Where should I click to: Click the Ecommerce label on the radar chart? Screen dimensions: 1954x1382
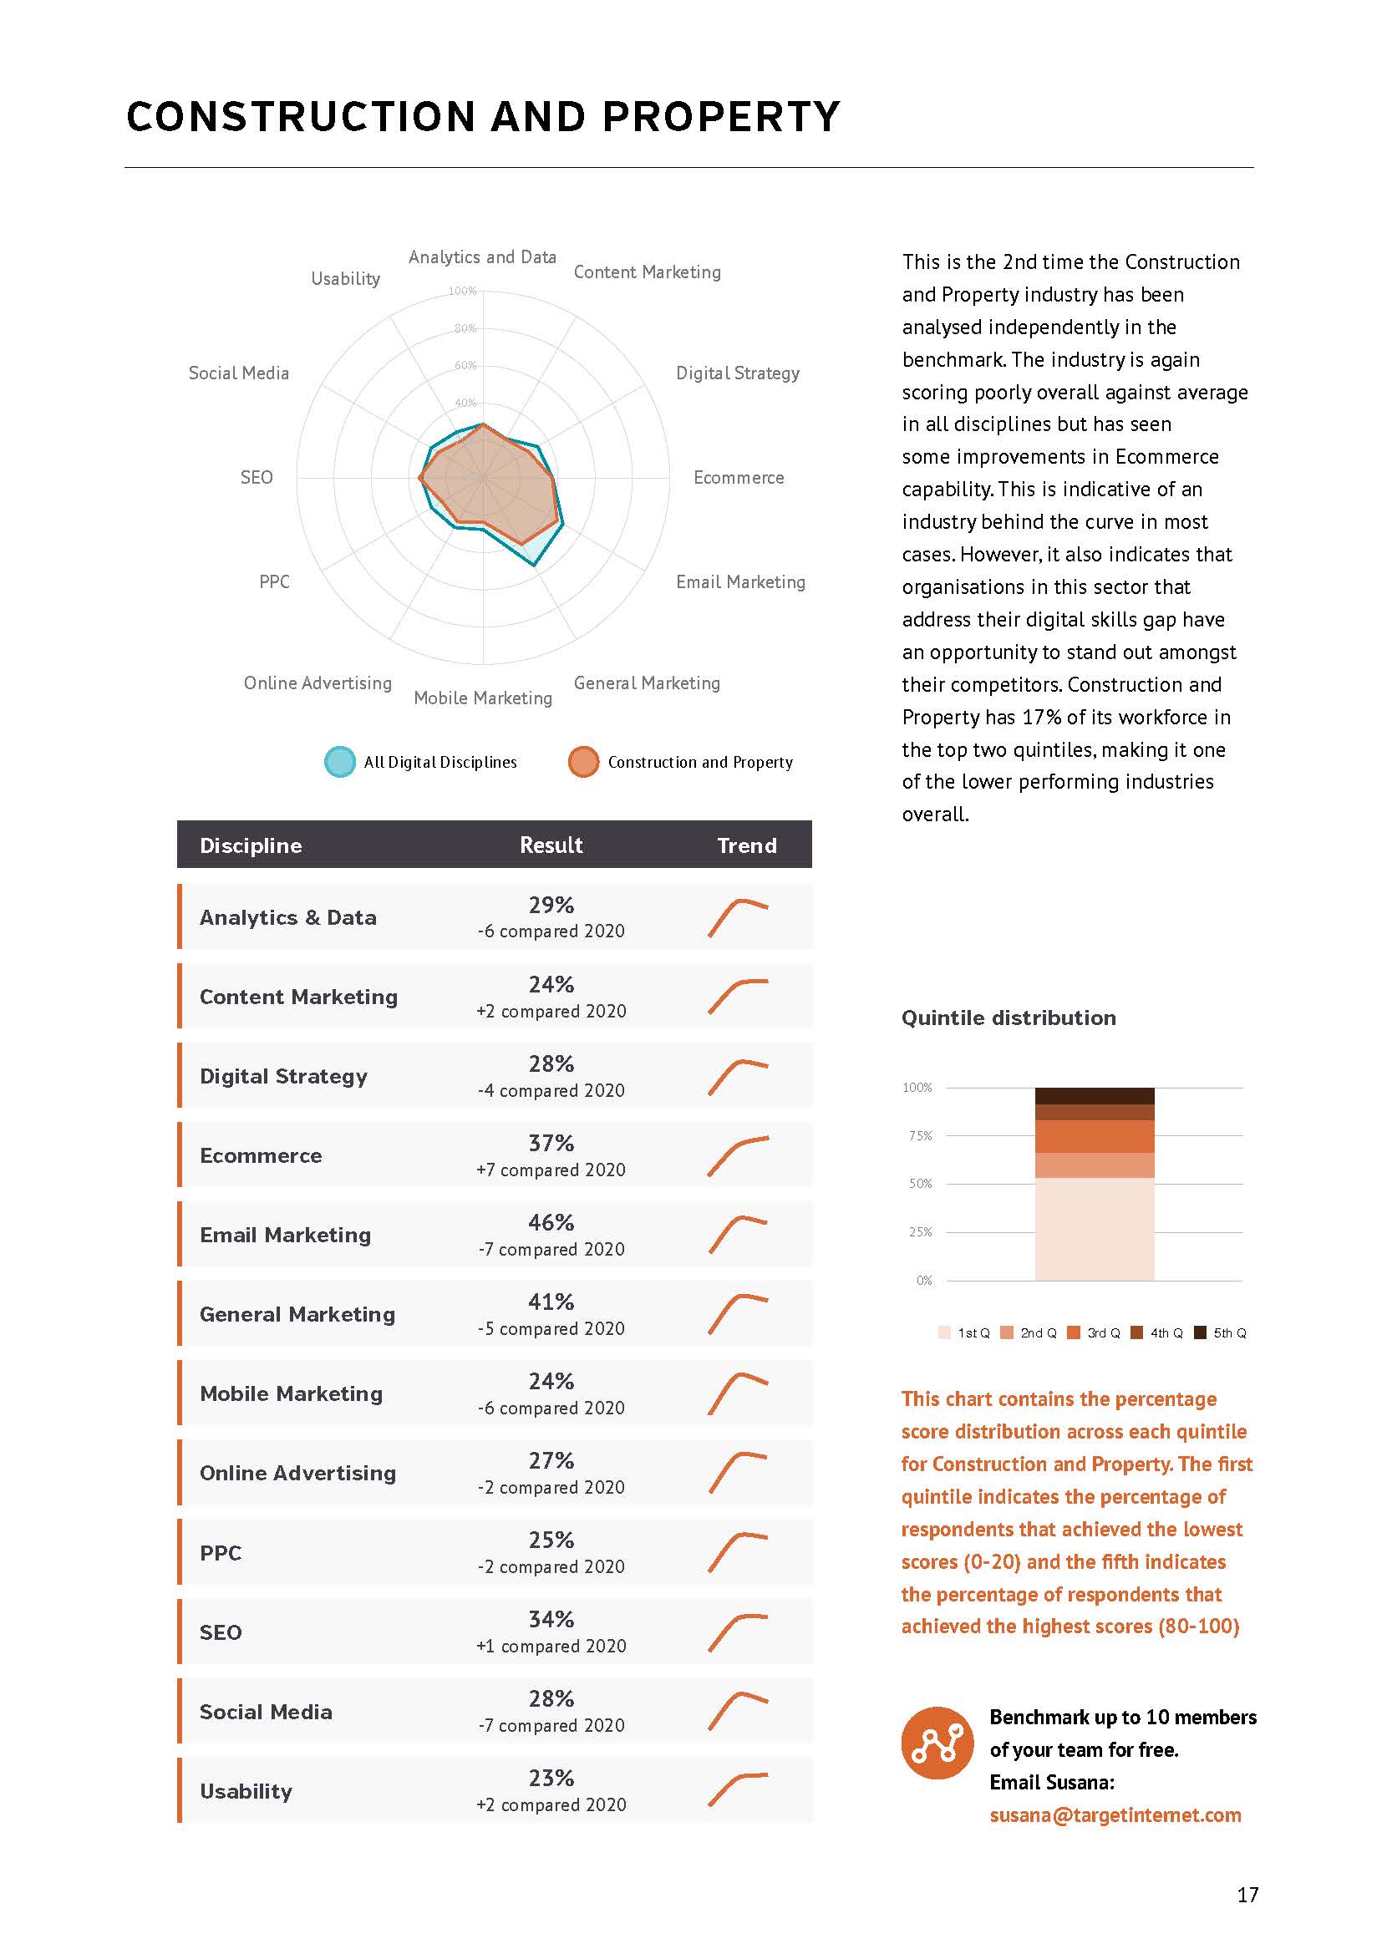coord(738,478)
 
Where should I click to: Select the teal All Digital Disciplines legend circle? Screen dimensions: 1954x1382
coord(339,762)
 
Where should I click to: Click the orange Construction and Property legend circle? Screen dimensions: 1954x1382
coord(583,762)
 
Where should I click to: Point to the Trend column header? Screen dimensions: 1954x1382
coord(746,845)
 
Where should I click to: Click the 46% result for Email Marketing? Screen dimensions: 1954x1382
coord(551,1222)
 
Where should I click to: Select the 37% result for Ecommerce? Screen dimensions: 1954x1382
coord(551,1143)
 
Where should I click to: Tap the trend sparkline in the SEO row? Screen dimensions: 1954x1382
coord(738,1632)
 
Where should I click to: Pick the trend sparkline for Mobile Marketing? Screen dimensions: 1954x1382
coord(738,1393)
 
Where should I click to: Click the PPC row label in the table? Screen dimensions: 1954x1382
coord(221,1553)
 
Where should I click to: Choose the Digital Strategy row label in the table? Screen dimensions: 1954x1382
coord(283,1076)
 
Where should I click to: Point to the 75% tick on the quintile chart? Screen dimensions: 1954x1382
coord(920,1136)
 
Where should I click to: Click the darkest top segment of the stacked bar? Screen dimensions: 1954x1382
coord(1095,1095)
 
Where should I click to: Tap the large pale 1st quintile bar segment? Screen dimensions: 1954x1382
coord(1095,1228)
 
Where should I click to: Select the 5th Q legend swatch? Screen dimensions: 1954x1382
coord(1200,1332)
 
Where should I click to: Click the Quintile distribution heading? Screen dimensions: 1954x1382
coord(1009,1018)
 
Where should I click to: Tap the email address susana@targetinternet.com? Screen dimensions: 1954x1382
coord(1115,1815)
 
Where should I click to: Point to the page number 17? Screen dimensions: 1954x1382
coord(1247,1895)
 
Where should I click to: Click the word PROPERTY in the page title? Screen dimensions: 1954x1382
coord(721,117)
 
